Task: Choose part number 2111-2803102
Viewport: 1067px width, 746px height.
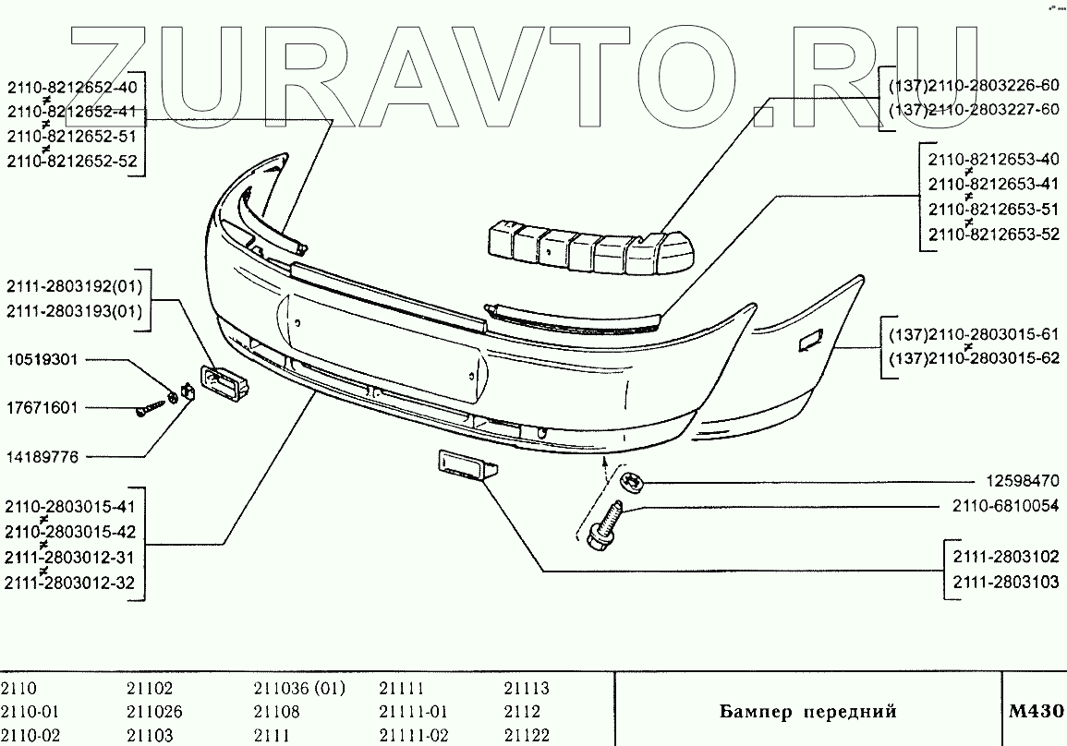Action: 1000,559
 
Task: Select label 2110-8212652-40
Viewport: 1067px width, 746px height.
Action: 71,88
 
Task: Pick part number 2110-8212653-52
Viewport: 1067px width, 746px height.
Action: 993,235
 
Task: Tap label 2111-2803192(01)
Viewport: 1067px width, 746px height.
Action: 74,286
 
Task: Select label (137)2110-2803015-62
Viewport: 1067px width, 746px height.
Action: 973,360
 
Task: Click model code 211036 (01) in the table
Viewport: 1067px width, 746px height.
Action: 298,689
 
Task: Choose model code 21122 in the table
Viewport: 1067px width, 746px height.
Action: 527,736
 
